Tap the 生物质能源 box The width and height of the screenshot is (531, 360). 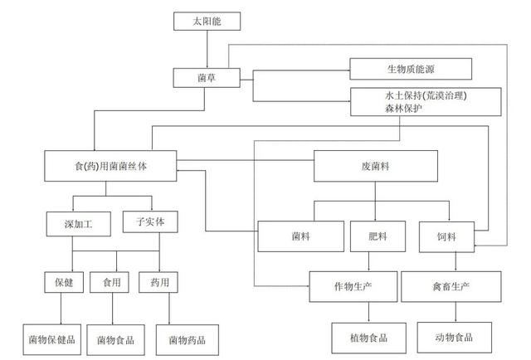point(411,70)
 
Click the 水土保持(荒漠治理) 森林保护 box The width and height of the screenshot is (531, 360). point(426,100)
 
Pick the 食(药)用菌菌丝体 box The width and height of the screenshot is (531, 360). point(111,165)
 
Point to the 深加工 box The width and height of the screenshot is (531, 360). point(71,223)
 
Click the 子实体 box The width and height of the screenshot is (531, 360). point(149,222)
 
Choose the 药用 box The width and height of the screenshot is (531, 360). point(158,284)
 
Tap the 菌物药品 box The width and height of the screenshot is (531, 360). point(188,338)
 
